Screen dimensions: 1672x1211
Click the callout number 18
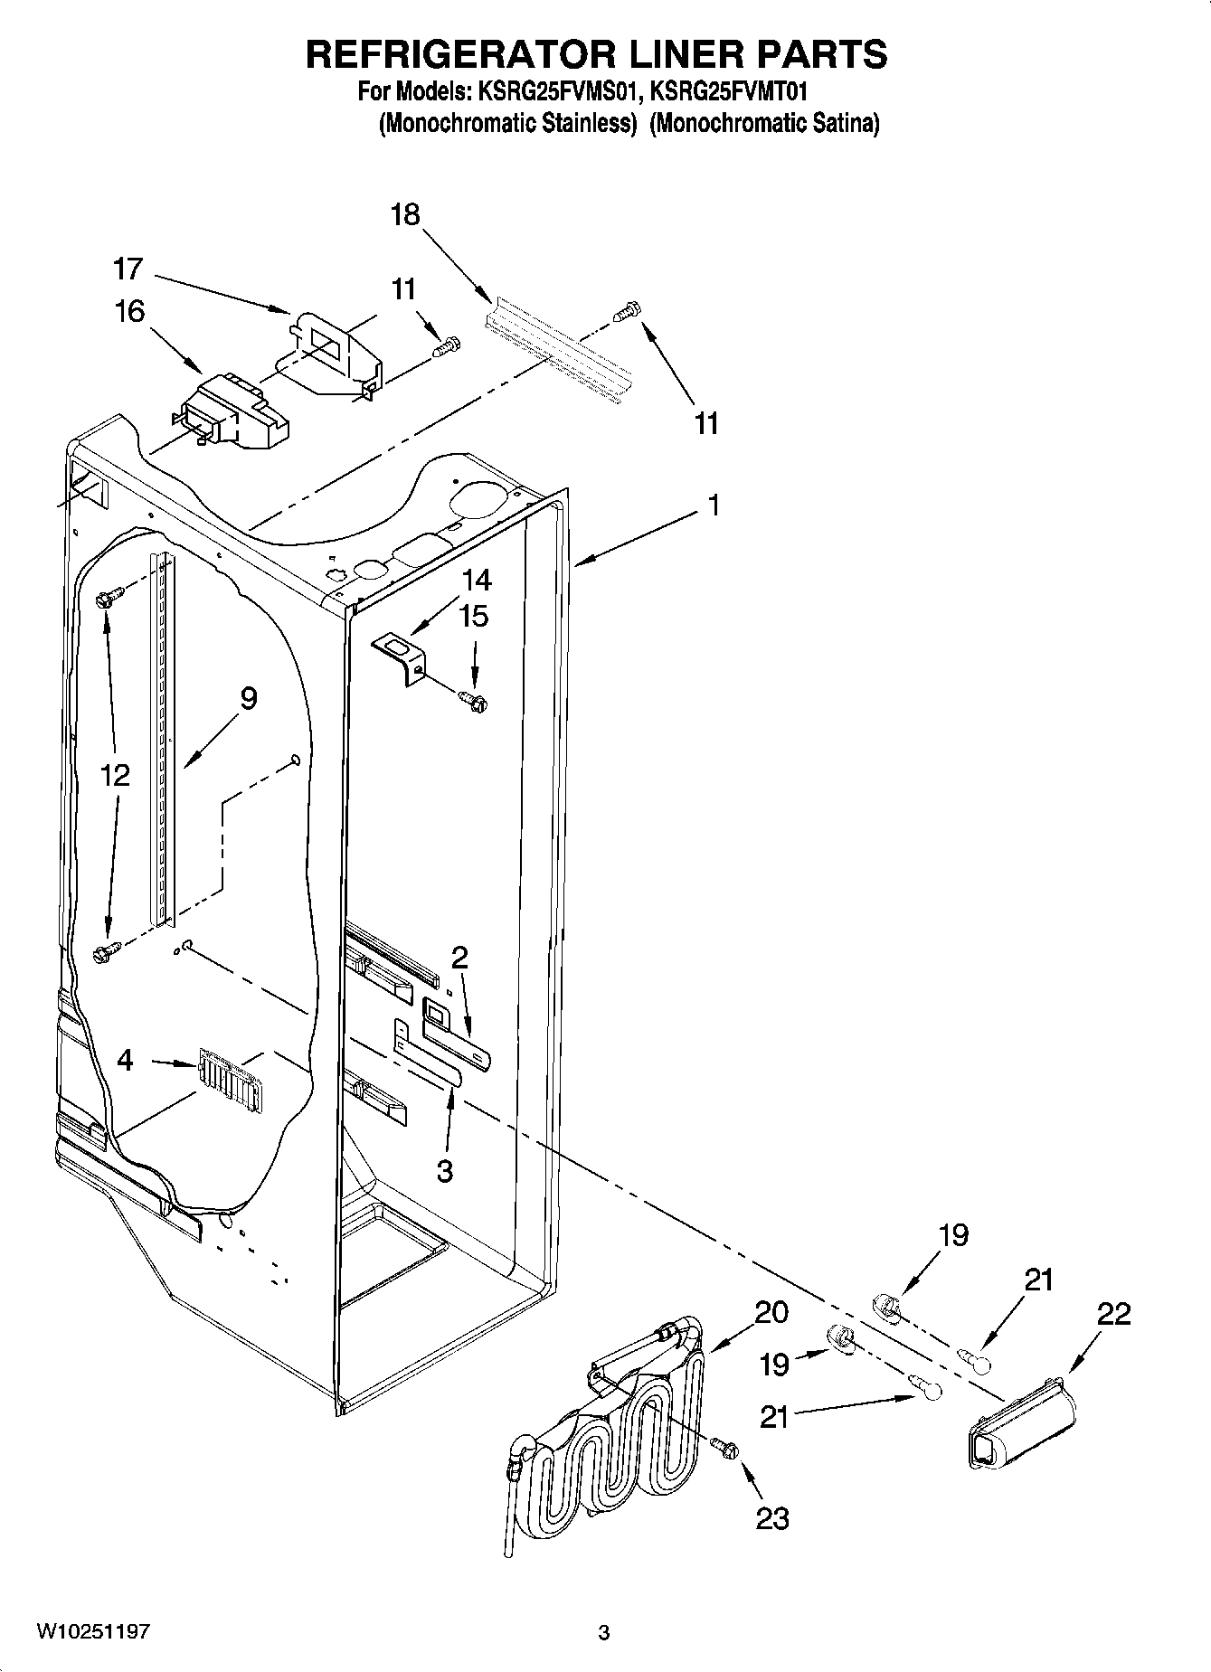click(x=406, y=214)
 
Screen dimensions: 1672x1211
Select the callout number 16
click(x=129, y=311)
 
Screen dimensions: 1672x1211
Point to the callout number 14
click(x=476, y=579)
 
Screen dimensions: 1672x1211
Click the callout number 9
click(x=249, y=697)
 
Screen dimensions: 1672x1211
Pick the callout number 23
click(x=773, y=1518)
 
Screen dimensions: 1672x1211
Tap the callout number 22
click(x=1113, y=1314)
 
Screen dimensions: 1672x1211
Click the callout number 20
click(x=771, y=1311)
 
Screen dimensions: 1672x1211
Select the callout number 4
click(x=126, y=1060)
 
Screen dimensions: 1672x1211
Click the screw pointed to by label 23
click(x=725, y=1447)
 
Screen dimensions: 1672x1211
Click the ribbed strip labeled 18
click(x=556, y=339)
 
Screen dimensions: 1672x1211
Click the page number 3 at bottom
click(x=604, y=1633)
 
